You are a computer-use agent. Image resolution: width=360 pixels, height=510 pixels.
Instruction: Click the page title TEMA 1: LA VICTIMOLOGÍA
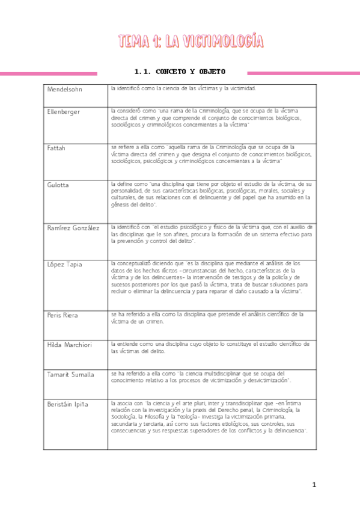pyautogui.click(x=191, y=41)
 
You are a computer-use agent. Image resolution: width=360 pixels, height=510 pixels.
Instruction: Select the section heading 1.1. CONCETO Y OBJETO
pyautogui.click(x=180, y=72)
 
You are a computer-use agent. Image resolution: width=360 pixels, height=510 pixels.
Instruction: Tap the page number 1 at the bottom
pyautogui.click(x=313, y=485)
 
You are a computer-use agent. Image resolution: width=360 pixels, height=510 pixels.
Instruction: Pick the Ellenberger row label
pyautogui.click(x=63, y=112)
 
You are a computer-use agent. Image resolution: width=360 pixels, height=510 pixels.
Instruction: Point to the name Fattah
pyautogui.click(x=56, y=147)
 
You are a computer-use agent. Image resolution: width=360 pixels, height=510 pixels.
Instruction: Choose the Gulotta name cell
pyautogui.click(x=58, y=185)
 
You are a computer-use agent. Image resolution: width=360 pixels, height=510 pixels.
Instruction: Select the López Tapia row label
pyautogui.click(x=64, y=265)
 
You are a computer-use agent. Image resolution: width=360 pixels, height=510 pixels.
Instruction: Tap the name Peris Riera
pyautogui.click(x=62, y=315)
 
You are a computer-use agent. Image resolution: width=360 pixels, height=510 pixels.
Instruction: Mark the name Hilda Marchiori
pyautogui.click(x=69, y=345)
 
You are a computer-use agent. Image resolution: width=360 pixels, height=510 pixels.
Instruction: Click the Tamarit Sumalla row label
pyautogui.click(x=70, y=375)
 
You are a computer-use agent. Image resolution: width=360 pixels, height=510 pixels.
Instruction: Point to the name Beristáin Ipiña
pyautogui.click(x=67, y=404)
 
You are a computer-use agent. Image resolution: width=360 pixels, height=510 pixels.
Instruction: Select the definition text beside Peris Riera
pyautogui.click(x=207, y=318)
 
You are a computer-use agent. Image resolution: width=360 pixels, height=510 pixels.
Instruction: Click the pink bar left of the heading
pyautogui.click(x=48, y=73)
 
